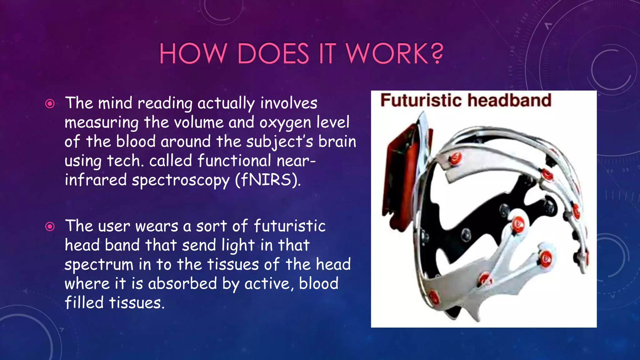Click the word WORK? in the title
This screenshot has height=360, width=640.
click(394, 53)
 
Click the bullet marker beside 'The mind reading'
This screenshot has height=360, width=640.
click(50, 103)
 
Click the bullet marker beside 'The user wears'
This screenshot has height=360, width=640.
click(50, 226)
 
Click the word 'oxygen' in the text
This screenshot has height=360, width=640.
click(285, 123)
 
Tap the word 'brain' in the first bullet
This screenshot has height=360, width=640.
click(337, 142)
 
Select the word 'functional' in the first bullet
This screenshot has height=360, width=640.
click(234, 161)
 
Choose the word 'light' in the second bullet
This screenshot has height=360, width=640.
click(238, 246)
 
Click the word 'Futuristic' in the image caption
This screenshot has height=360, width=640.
click(421, 100)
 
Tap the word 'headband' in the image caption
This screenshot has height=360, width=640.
click(509, 100)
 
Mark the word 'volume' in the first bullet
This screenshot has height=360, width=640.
click(198, 122)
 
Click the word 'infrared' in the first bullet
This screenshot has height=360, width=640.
click(96, 180)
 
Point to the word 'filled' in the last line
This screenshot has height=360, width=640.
click(84, 303)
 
